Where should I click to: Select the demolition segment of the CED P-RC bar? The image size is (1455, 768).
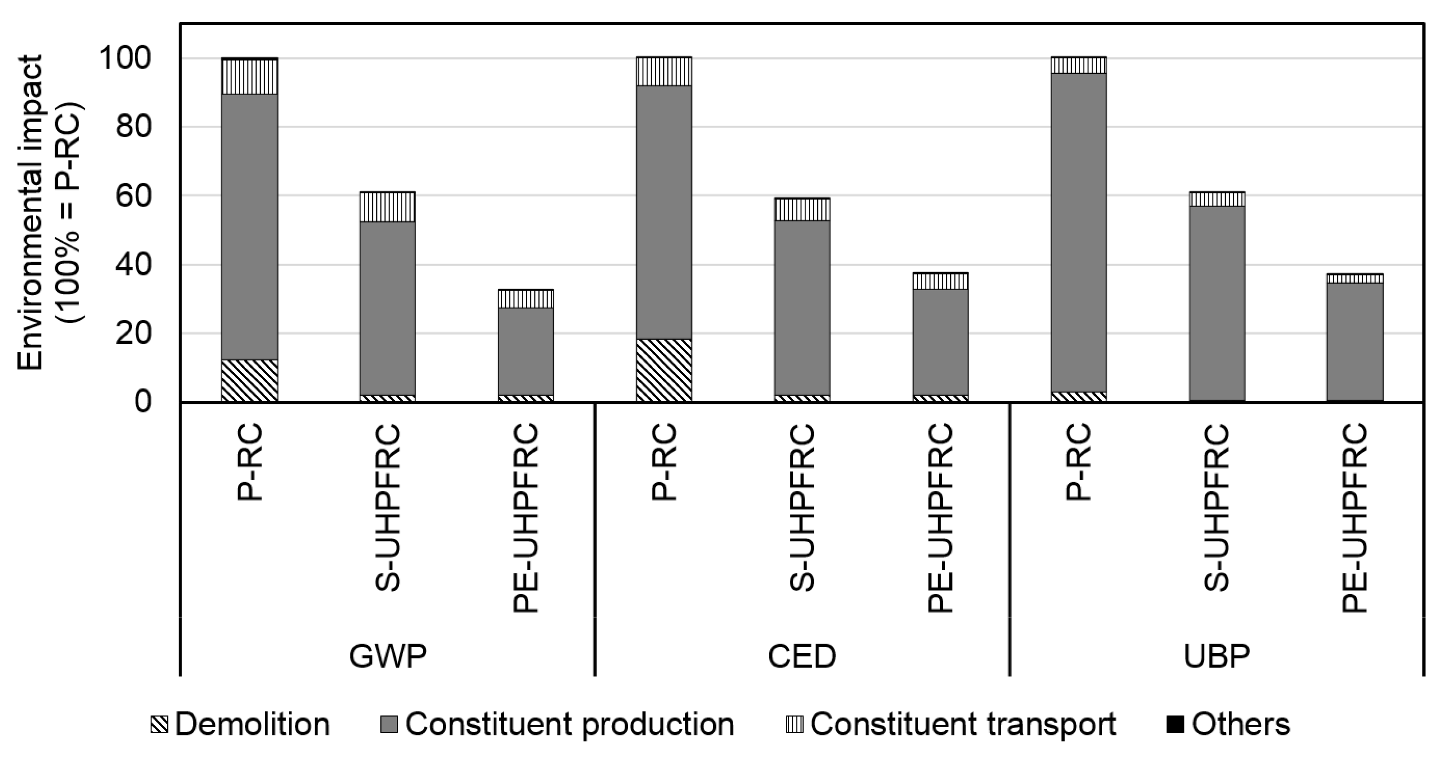click(664, 370)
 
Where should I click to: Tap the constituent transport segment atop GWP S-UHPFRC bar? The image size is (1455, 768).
click(388, 207)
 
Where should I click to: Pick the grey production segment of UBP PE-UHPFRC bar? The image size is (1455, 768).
click(1355, 341)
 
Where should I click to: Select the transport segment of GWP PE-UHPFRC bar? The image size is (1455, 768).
click(525, 299)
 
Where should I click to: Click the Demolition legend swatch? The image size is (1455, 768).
click(159, 724)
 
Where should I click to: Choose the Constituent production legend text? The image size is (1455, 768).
click(570, 724)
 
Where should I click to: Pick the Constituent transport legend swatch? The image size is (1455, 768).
click(794, 724)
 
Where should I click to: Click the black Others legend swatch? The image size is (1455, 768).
click(1175, 724)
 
